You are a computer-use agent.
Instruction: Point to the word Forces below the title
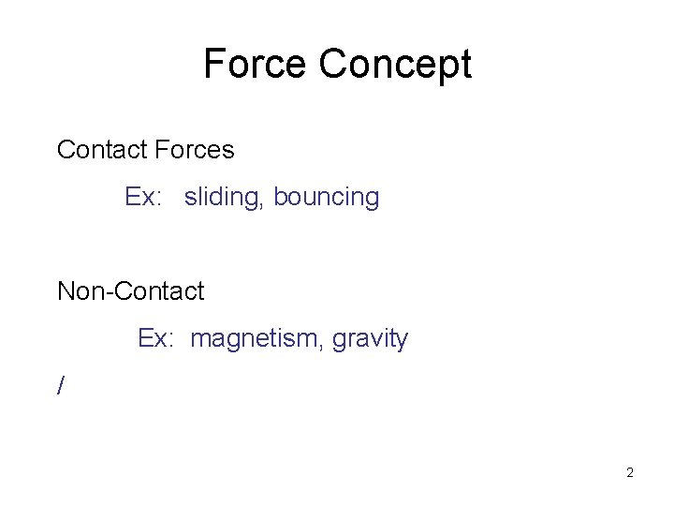pyautogui.click(x=194, y=149)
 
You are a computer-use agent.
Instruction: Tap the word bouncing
pyautogui.click(x=327, y=199)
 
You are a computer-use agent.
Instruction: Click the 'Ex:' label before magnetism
pyautogui.click(x=156, y=337)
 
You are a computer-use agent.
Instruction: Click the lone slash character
pyautogui.click(x=62, y=385)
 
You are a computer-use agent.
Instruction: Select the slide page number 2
pyautogui.click(x=630, y=472)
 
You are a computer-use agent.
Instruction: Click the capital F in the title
pyautogui.click(x=214, y=65)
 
